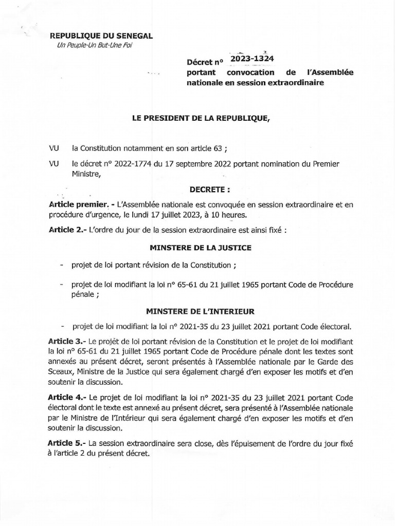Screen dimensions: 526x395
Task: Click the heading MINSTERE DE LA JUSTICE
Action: tap(200, 248)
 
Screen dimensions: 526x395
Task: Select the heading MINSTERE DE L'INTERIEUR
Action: tap(200, 311)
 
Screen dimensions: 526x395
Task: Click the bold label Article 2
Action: tap(67, 230)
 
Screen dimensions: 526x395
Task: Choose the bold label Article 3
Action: tap(67, 341)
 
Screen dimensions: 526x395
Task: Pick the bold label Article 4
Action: tap(67, 398)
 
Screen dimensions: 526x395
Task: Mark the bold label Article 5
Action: tap(67, 443)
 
